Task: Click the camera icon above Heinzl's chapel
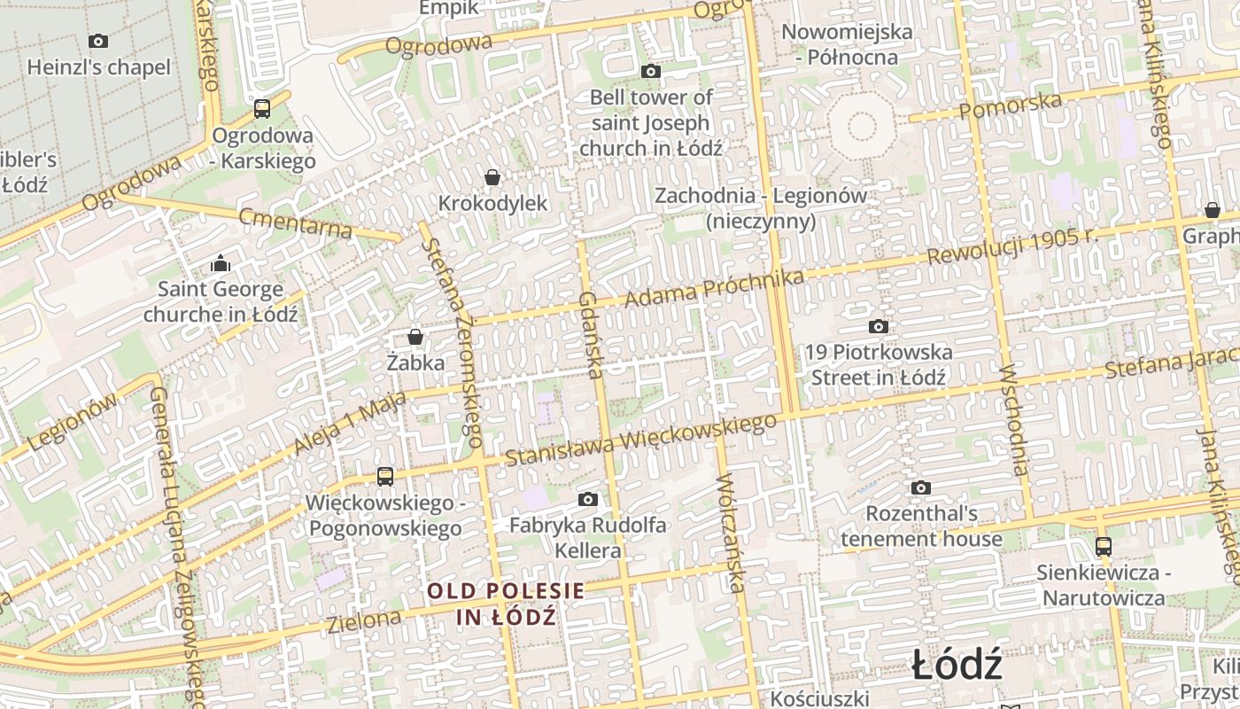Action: click(x=98, y=41)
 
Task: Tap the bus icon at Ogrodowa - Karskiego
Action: click(x=261, y=109)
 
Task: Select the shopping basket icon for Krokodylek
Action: click(x=492, y=177)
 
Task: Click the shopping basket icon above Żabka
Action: click(x=415, y=337)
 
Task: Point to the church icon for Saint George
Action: click(x=221, y=263)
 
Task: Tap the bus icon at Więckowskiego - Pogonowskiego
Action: click(x=384, y=477)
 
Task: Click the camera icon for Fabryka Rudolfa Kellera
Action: click(x=587, y=500)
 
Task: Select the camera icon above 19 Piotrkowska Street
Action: click(x=878, y=327)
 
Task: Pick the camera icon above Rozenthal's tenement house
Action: click(x=921, y=488)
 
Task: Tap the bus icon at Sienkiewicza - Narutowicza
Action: click(x=1103, y=547)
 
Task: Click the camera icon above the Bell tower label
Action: click(x=651, y=72)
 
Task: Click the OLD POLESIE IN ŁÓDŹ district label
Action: click(x=507, y=604)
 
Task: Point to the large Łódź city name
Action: click(x=957, y=665)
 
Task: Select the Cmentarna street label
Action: click(x=295, y=222)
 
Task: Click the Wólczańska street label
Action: click(x=731, y=533)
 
